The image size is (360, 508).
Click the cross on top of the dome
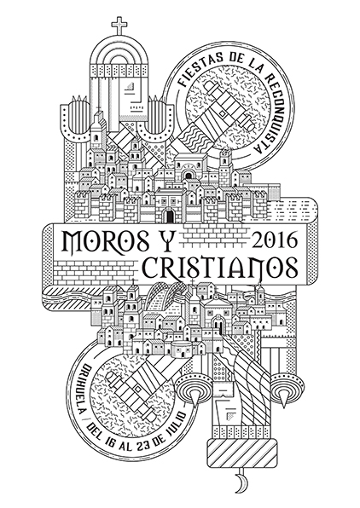tap(119, 26)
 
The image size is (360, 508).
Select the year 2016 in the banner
tap(274, 240)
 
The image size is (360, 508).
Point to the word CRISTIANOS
tap(220, 268)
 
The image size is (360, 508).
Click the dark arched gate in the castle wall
tap(169, 216)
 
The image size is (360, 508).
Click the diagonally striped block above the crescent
tap(240, 453)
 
